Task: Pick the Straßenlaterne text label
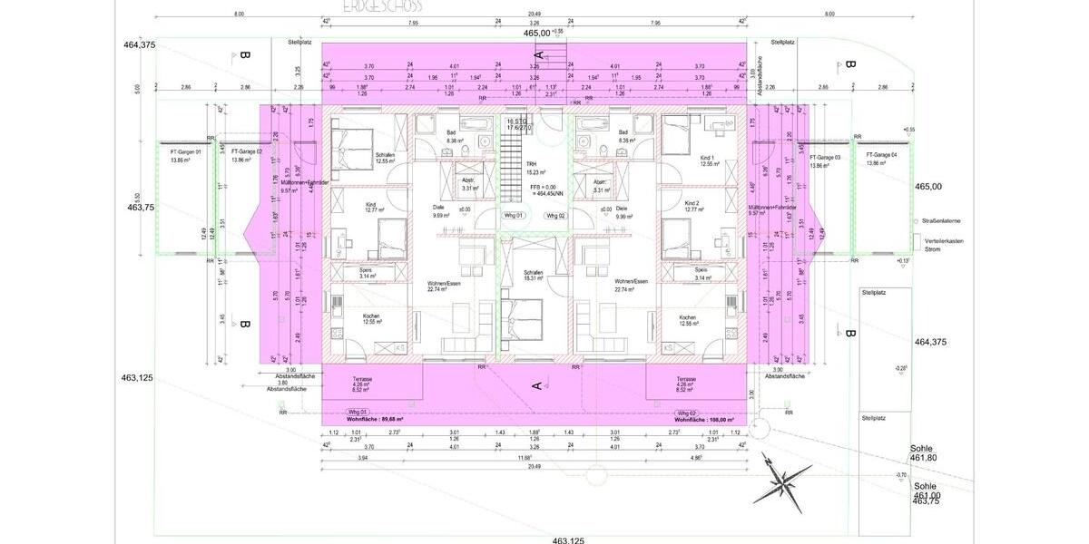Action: click(941, 221)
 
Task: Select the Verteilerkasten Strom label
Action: click(941, 244)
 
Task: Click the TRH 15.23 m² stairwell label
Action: click(532, 169)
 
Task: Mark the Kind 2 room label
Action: click(693, 206)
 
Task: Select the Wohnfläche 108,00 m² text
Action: click(703, 420)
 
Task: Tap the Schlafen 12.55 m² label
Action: click(385, 158)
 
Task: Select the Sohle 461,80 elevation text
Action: click(926, 453)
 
